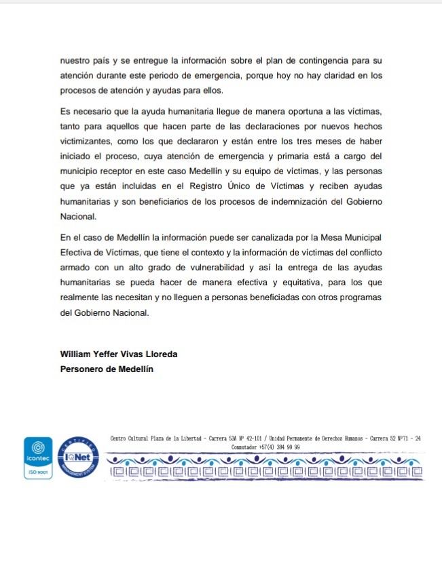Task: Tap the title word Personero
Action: click(x=84, y=369)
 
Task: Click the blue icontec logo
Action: click(x=38, y=452)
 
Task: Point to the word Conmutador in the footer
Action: click(x=246, y=448)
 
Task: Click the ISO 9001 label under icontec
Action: click(x=38, y=472)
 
